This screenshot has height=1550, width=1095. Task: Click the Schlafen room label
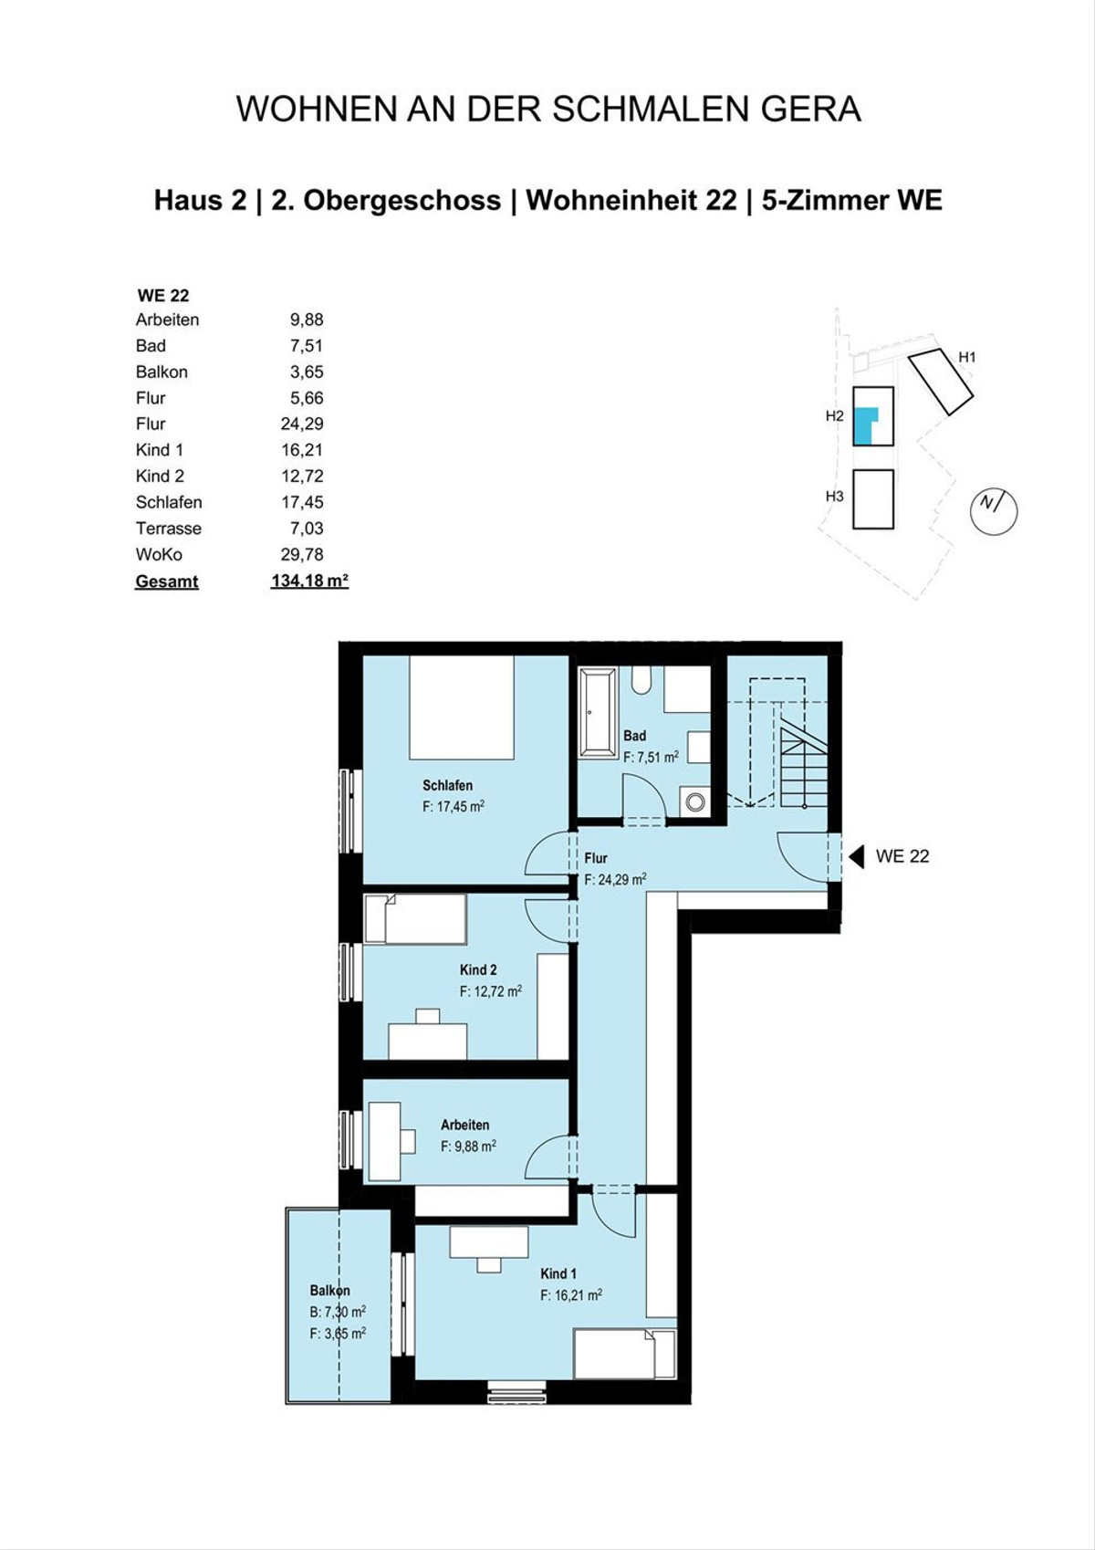pos(447,785)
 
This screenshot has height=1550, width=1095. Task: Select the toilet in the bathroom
pos(641,680)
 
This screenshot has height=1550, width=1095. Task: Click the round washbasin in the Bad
pos(695,802)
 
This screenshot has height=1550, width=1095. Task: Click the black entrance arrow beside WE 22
pos(857,856)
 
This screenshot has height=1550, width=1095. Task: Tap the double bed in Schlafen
pos(462,707)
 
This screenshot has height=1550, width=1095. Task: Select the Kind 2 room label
pos(478,969)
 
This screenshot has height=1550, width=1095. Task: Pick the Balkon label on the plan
pos(329,1291)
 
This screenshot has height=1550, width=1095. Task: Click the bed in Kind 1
pos(625,1354)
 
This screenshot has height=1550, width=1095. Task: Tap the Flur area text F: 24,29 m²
pos(615,879)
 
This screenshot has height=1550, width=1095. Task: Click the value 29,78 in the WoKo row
pos(302,554)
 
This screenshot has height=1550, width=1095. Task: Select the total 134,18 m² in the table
pos(309,581)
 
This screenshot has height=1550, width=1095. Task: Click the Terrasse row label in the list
pos(169,528)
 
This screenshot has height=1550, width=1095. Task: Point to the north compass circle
pos(994,511)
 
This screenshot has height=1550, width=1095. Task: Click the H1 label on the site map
pos(966,357)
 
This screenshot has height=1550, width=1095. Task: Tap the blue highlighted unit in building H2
pos(865,425)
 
